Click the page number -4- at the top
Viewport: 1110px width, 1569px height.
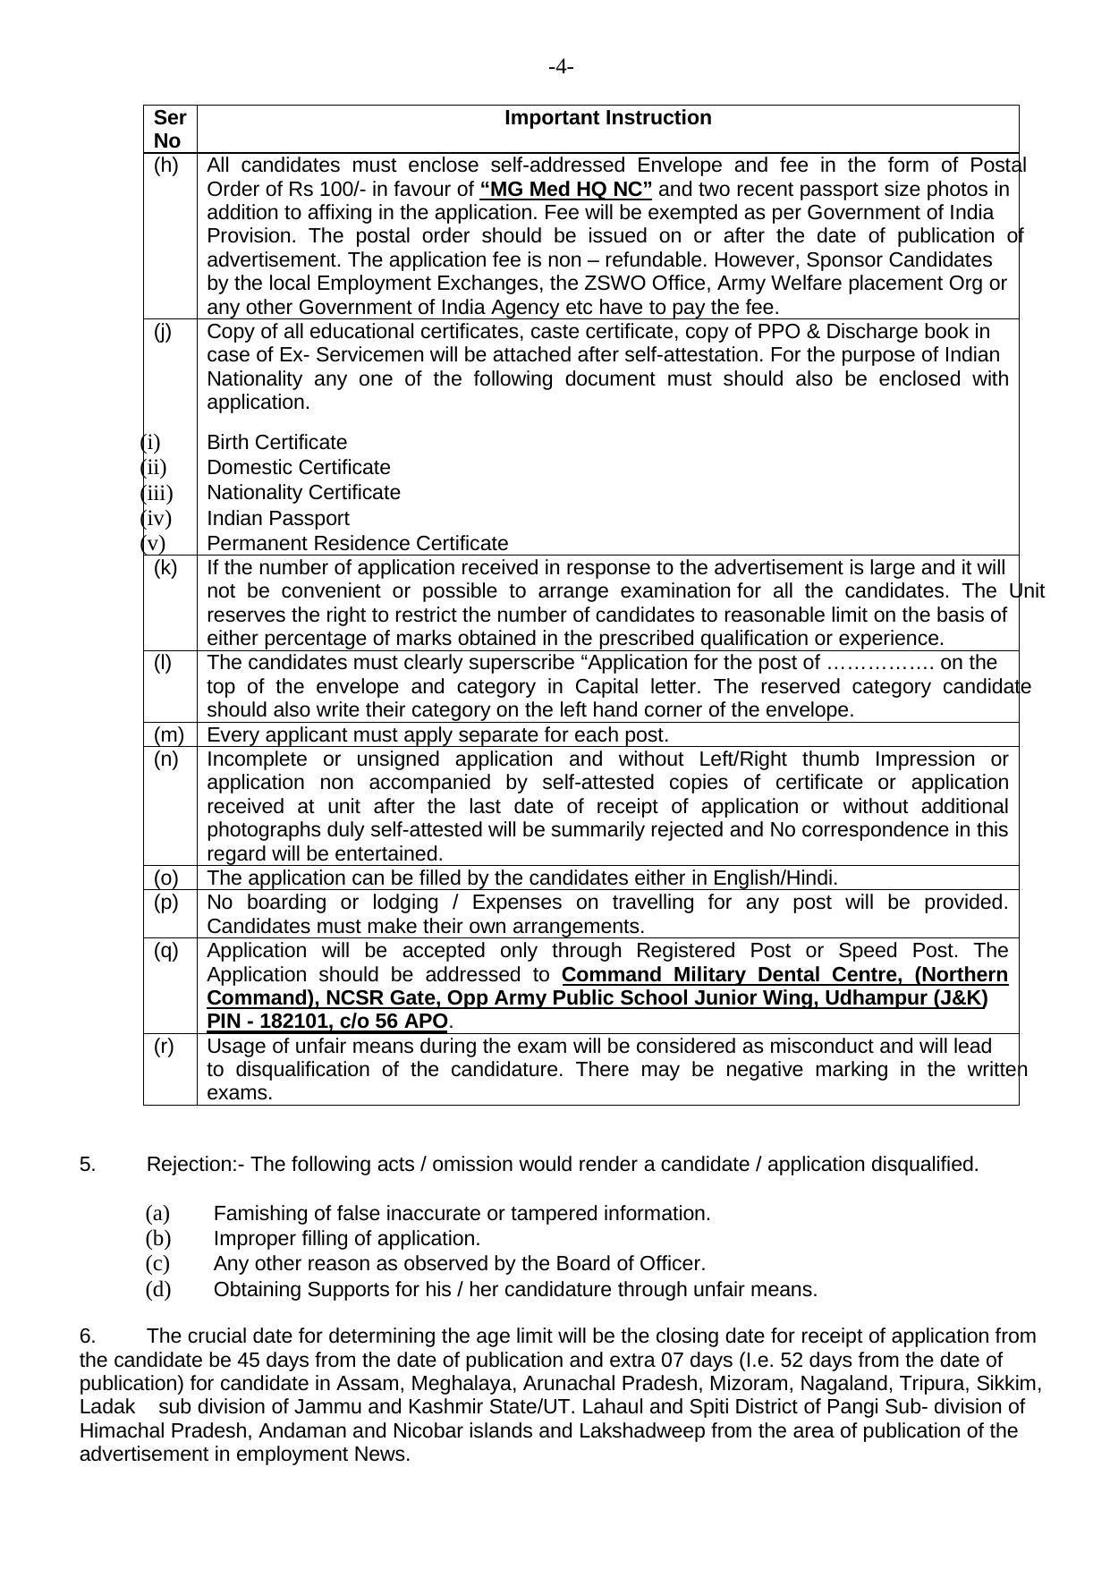[561, 67]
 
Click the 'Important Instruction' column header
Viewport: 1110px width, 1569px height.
[608, 118]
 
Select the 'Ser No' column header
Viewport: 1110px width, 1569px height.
[169, 129]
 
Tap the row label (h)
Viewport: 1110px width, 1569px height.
[166, 165]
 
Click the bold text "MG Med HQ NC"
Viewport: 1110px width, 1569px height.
[566, 190]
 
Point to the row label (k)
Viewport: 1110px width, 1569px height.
[165, 567]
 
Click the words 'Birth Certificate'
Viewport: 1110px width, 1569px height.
[277, 443]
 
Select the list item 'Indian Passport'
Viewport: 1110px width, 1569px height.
[278, 519]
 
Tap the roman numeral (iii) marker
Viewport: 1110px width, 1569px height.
[157, 493]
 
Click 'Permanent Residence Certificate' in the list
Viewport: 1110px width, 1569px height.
[358, 544]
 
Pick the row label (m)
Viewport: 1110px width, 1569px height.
[169, 735]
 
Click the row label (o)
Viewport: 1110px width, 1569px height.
[166, 878]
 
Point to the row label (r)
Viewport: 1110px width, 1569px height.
[164, 1047]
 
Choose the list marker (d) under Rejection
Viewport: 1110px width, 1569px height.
[157, 1290]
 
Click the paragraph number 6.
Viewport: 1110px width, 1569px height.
[88, 1336]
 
